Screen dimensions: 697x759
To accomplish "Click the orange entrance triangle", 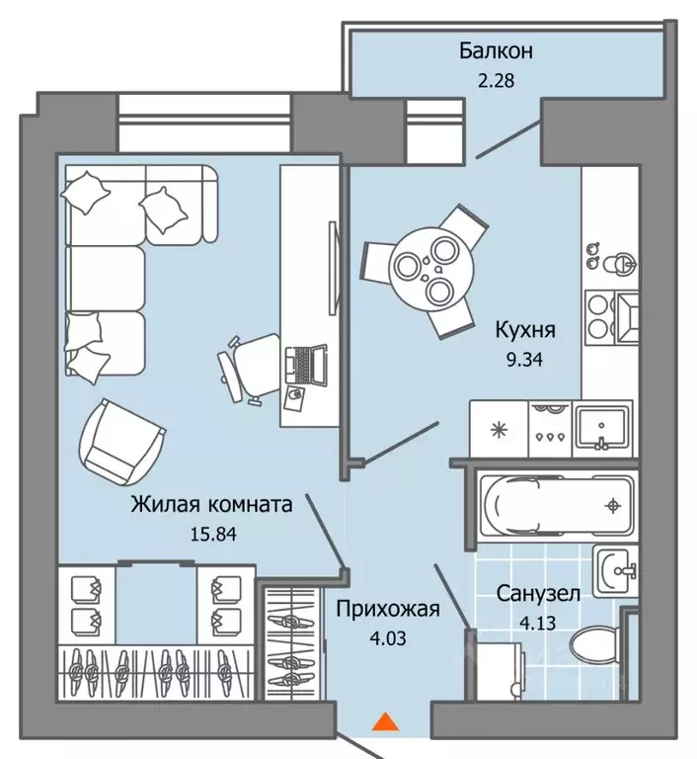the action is point(385,721).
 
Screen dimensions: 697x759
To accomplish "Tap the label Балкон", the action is point(496,50).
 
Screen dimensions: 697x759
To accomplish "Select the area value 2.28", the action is point(496,80).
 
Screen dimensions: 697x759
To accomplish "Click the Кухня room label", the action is point(525,330).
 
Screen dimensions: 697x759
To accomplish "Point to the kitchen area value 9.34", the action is point(525,360).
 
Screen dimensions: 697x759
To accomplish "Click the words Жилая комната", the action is point(212,504).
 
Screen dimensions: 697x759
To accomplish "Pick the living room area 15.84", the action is point(213,535).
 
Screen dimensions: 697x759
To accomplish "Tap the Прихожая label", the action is point(388,610).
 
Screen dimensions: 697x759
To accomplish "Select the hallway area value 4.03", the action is point(388,639).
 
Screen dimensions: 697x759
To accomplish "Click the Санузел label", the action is point(538,594).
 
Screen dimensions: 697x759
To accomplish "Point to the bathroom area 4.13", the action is point(537,623).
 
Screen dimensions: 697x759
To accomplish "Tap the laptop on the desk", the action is point(306,365).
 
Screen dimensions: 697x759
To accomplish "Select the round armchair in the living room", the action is point(121,442).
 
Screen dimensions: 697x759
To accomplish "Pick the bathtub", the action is point(555,506).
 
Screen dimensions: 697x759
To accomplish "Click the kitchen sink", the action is point(601,428).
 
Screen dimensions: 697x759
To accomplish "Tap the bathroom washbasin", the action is point(616,571).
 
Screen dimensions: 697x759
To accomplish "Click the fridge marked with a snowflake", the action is point(499,429).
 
